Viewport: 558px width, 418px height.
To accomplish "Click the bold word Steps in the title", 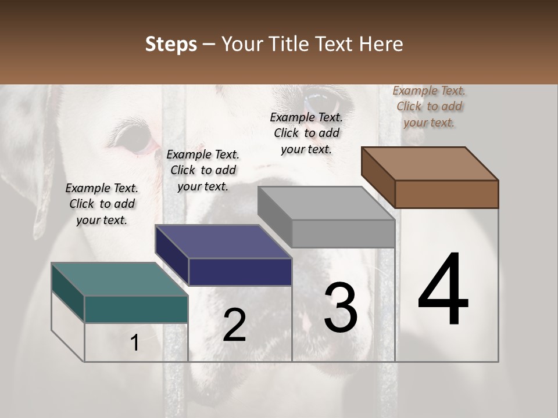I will point(171,44).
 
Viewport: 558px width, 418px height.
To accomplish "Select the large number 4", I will point(443,290).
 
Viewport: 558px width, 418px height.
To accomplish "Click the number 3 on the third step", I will point(341,308).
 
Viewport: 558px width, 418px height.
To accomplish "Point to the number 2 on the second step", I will point(234,325).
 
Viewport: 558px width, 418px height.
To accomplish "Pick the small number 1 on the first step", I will point(135,343).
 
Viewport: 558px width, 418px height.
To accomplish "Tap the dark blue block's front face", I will point(240,272).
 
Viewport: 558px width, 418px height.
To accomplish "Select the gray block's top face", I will point(326,203).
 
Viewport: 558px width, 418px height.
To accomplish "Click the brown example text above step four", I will point(429,106).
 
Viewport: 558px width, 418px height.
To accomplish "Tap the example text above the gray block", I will point(306,133).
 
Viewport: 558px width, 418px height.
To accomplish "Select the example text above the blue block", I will point(203,170).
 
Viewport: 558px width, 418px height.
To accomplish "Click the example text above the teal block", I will point(102,204).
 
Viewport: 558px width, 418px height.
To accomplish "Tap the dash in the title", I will point(209,44).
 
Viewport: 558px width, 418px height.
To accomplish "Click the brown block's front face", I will point(446,194).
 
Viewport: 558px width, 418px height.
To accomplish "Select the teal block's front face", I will point(136,309).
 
